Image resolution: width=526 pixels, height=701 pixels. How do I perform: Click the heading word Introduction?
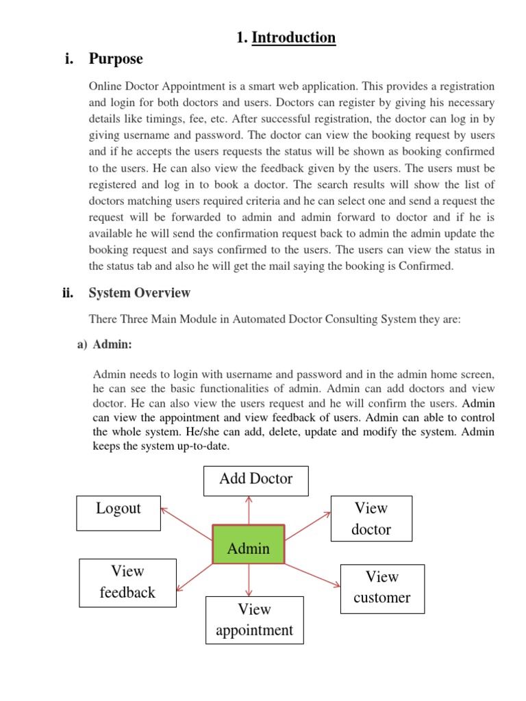pos(294,38)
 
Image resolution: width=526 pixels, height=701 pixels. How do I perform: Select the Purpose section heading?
pos(116,60)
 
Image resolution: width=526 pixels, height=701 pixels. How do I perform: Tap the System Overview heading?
pos(140,293)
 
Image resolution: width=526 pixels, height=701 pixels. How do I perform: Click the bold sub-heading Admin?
pos(112,345)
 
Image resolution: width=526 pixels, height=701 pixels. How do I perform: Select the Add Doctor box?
pos(256,480)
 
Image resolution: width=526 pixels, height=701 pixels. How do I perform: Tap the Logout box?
pos(118,513)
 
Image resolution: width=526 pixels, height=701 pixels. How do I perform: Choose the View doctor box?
pos(371,519)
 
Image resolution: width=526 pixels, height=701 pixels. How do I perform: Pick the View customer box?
pos(382,587)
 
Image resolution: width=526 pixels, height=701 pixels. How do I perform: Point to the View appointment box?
pos(254,620)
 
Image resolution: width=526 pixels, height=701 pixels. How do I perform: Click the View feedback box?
pos(127,582)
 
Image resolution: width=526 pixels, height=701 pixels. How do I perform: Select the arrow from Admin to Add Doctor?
pos(249,511)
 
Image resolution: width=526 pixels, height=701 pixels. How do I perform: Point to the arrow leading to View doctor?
pos(308,526)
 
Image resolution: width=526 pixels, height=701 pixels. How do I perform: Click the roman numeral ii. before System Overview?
pos(68,293)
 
